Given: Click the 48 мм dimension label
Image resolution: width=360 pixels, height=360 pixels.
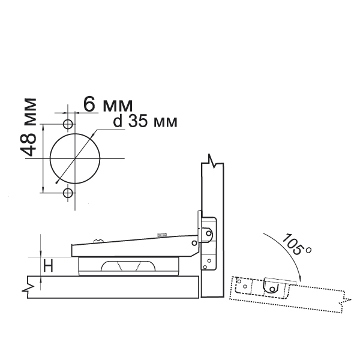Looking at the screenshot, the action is [28, 127].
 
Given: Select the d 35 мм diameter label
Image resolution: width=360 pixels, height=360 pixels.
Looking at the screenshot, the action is [145, 121].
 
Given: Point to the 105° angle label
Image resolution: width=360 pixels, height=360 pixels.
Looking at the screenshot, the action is [296, 244].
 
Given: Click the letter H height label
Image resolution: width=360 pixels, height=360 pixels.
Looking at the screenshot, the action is [49, 266].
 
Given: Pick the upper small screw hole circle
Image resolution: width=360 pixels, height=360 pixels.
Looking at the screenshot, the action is [68, 124].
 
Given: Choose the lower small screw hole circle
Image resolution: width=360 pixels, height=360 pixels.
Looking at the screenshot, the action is [68, 193].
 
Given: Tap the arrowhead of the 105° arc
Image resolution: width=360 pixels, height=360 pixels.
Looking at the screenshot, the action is [300, 278].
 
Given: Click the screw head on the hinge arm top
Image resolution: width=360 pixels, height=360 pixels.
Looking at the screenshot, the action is [98, 241].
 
